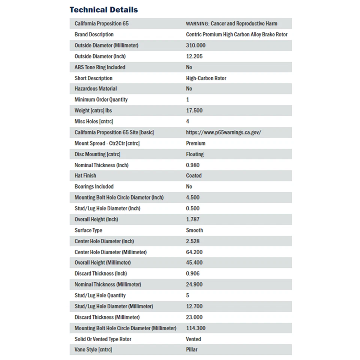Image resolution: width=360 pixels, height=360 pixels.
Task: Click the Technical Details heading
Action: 103,10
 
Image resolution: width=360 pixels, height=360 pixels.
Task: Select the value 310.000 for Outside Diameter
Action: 196,45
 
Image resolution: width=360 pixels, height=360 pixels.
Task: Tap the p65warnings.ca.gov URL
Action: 223,132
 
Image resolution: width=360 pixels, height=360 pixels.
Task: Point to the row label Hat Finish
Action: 85,175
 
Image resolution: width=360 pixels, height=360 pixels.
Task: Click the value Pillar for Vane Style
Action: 192,350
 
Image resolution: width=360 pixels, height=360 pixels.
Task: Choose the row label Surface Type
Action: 88,230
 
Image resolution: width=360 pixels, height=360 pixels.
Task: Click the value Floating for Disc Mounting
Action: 195,154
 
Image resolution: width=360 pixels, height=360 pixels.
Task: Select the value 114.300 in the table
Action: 196,328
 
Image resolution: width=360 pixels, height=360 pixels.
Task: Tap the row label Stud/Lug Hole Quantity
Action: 100,295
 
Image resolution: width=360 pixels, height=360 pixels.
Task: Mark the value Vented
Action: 193,339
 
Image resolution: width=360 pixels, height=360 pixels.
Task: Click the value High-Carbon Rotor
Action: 206,78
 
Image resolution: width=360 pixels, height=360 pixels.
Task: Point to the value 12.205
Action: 194,56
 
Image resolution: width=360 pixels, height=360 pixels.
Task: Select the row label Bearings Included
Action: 94,186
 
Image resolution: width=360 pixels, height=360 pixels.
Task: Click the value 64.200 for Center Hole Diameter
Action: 194,252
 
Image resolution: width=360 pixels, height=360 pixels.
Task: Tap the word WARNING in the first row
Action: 197,24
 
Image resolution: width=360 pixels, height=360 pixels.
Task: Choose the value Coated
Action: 193,175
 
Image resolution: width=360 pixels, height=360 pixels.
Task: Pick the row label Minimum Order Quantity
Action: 101,100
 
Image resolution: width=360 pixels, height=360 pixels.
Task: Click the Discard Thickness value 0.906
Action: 193,273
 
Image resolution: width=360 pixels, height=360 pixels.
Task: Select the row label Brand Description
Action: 94,34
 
